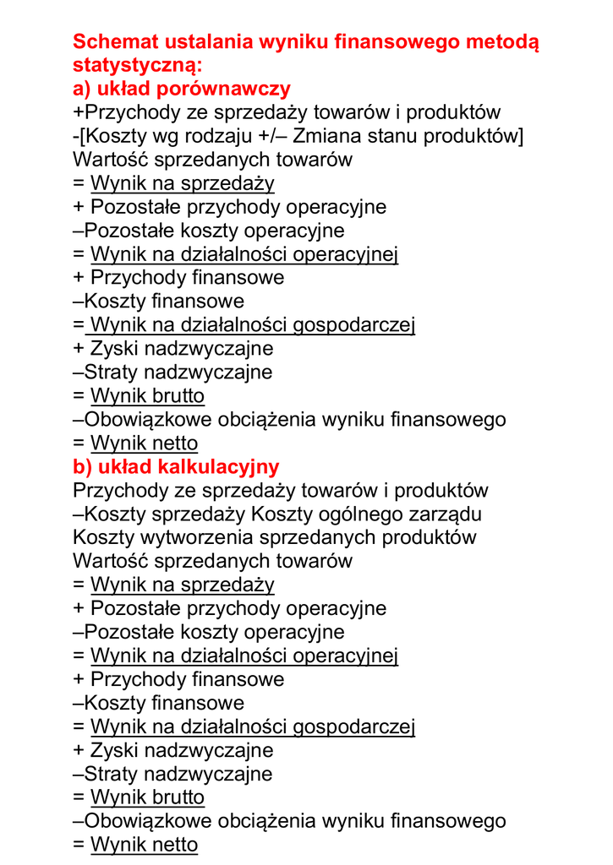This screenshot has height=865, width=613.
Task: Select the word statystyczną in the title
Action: tap(138, 65)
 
